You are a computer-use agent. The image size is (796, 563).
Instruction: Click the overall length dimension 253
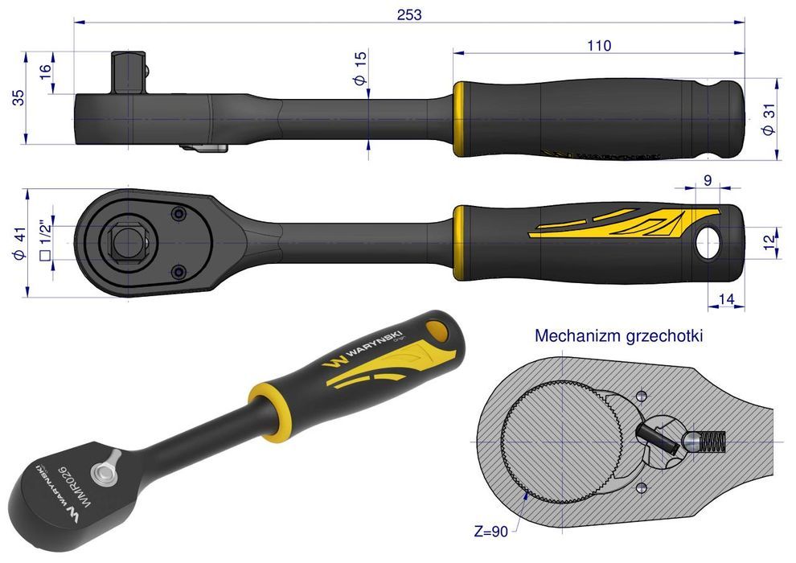(408, 14)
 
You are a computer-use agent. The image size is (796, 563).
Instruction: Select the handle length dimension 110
(599, 45)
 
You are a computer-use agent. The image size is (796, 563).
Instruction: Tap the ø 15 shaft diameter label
(359, 69)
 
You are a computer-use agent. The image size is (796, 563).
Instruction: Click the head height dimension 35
(18, 97)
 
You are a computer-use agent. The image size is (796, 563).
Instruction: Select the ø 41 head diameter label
(18, 244)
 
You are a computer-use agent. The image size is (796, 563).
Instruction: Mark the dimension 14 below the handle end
(725, 300)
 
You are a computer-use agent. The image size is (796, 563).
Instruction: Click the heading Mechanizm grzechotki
(618, 335)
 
